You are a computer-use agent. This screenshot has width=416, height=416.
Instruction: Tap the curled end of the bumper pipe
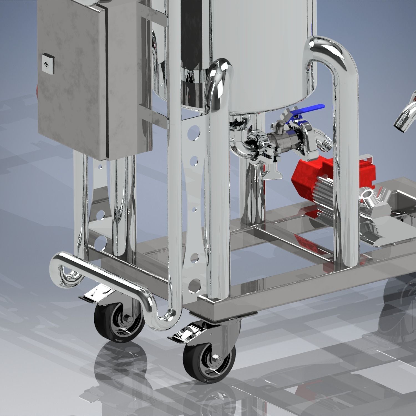click(65, 273)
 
